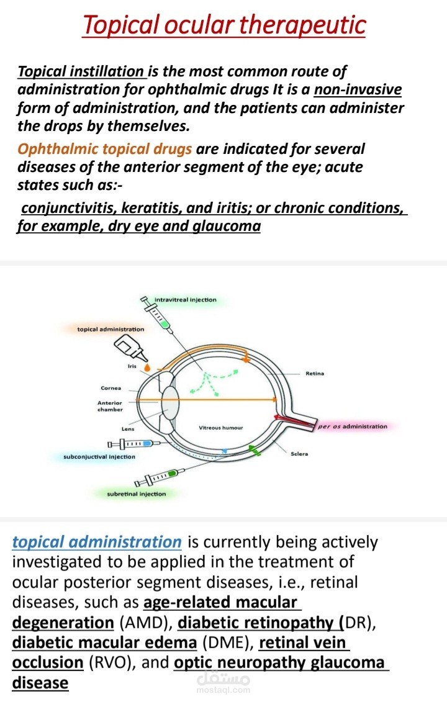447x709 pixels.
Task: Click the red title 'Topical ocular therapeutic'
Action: [x=223, y=25]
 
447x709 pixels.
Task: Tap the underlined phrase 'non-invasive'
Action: [x=358, y=89]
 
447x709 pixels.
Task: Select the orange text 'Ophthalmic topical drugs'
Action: [x=104, y=149]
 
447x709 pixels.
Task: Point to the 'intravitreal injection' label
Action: [x=185, y=300]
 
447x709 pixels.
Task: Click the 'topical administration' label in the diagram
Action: [x=111, y=329]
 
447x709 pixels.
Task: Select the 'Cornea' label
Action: [x=111, y=388]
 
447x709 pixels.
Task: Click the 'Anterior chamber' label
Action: [x=110, y=406]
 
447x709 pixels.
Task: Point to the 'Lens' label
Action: [x=128, y=428]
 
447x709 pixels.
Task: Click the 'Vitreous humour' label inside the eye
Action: [x=220, y=427]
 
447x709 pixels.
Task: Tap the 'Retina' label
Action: [x=315, y=374]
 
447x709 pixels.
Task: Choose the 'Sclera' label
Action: [x=299, y=454]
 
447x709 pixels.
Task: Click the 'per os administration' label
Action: [x=353, y=427]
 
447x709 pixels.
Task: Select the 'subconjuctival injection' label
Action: [x=99, y=457]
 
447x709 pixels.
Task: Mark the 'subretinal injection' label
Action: [x=137, y=494]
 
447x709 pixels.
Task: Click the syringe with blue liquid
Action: [x=133, y=444]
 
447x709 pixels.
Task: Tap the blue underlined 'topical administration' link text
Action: [x=97, y=542]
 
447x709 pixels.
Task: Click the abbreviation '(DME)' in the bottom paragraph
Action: [x=228, y=643]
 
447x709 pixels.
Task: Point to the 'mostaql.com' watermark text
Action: [x=223, y=690]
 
